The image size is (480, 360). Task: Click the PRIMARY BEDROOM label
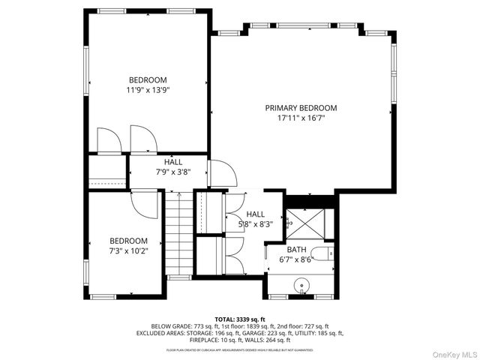(x=301, y=108)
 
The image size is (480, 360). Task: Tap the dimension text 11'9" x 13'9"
(x=148, y=90)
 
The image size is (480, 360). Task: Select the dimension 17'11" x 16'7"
(x=301, y=118)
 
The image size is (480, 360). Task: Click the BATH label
(x=297, y=249)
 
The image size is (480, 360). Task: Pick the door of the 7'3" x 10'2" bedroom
(x=143, y=202)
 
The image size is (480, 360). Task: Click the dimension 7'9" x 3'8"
(x=173, y=172)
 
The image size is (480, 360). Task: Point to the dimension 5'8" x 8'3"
(x=256, y=223)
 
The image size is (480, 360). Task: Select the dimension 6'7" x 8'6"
(x=297, y=259)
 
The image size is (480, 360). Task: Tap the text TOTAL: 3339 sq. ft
(x=239, y=319)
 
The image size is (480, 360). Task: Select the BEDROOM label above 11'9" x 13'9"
(x=148, y=80)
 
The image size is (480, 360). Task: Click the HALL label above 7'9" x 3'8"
(x=173, y=162)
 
